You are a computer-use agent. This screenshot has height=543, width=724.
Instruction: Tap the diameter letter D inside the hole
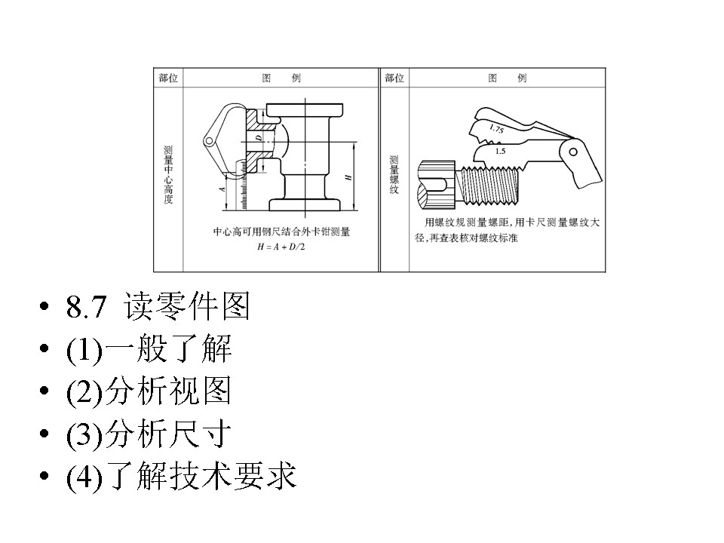pos(257,140)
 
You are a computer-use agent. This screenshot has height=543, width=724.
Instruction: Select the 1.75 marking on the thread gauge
pos(496,129)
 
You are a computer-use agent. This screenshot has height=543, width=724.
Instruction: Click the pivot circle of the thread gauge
pos(573,152)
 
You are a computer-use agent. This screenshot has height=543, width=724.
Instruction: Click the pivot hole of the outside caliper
pos(207,140)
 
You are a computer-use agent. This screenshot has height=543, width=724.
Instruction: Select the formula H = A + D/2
pos(280,246)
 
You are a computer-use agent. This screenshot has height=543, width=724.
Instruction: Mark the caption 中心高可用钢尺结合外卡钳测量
pos(281,232)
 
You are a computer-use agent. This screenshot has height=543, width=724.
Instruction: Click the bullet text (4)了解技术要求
pos(182,478)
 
